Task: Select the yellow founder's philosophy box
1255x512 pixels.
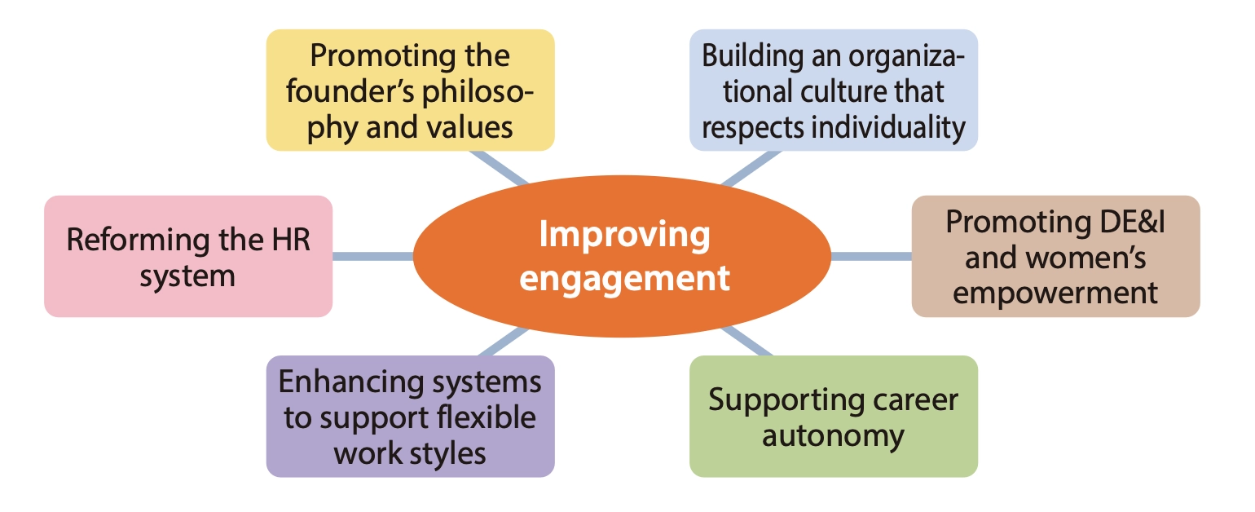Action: click(x=411, y=90)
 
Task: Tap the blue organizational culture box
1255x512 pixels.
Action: click(x=833, y=90)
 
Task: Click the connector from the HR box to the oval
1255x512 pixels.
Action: click(x=373, y=256)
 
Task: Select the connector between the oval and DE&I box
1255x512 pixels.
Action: click(x=870, y=256)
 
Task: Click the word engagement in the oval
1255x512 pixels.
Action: click(x=625, y=278)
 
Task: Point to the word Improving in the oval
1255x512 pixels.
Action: click(x=625, y=236)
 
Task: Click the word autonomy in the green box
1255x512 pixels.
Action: click(x=833, y=435)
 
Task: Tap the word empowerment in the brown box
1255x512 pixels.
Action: click(x=1055, y=292)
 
